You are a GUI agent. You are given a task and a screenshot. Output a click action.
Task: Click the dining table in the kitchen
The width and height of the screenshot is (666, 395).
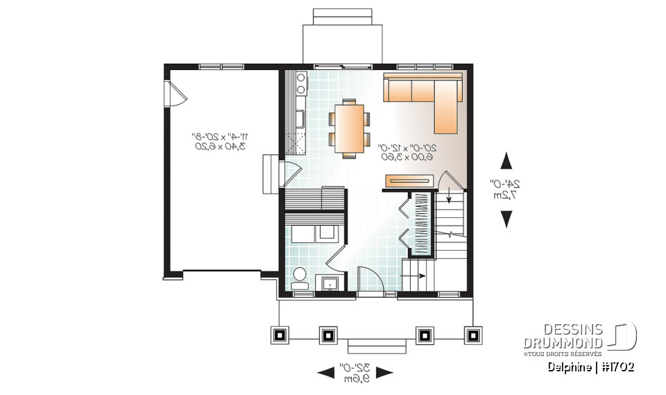click(349, 127)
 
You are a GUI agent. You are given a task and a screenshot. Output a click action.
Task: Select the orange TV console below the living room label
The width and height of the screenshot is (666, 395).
click(409, 181)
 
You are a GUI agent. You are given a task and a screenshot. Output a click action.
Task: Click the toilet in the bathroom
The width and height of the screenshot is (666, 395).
click(300, 277)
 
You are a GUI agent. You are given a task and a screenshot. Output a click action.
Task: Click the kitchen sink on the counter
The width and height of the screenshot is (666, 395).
click(300, 118)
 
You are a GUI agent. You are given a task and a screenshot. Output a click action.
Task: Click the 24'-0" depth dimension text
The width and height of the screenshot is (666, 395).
click(508, 189)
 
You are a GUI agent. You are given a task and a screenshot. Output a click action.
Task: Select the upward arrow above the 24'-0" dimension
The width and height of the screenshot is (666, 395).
click(507, 161)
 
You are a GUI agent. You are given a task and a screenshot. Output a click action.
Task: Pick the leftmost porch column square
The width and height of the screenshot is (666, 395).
click(280, 335)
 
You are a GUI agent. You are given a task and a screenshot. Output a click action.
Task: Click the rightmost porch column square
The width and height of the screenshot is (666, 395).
click(473, 335)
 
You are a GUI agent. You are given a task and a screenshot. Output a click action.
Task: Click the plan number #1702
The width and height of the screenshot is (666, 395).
click(617, 367)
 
